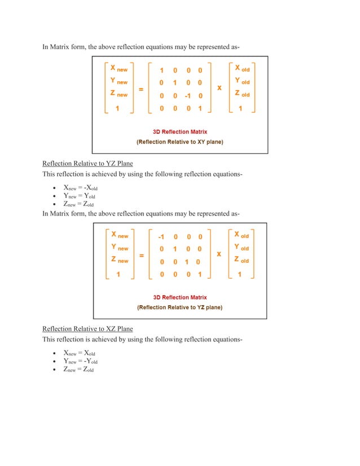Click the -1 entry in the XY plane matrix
(x=188, y=96)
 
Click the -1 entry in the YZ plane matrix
(x=161, y=236)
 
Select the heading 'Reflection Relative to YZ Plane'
(x=87, y=164)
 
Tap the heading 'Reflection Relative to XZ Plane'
(x=87, y=329)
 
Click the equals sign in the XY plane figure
(x=141, y=89)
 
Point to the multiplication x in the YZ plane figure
(x=219, y=254)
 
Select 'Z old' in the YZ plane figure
(x=242, y=261)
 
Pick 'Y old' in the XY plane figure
(x=242, y=82)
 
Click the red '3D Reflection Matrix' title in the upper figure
(x=180, y=132)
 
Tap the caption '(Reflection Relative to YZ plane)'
(x=180, y=307)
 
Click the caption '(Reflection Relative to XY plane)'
(x=180, y=142)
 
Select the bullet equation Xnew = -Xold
(x=80, y=188)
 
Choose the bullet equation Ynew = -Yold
(x=80, y=362)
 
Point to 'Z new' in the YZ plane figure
(x=119, y=261)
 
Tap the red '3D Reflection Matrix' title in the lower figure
(x=180, y=297)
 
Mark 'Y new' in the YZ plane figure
(x=119, y=248)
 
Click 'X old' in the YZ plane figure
(x=242, y=235)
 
